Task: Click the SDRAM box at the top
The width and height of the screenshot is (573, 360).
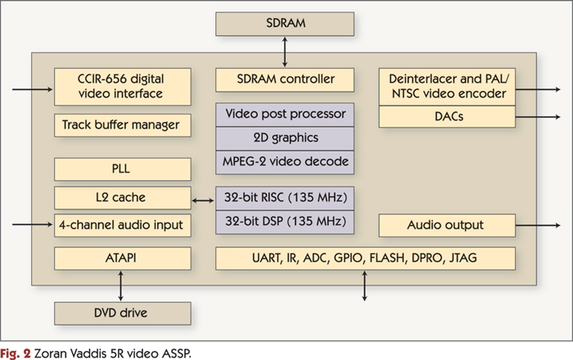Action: tap(286, 24)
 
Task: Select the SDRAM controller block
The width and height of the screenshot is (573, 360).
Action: tap(286, 80)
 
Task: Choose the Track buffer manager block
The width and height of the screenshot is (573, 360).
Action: tap(123, 126)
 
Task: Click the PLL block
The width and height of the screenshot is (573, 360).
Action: tap(123, 169)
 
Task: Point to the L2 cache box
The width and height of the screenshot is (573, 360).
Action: tap(123, 197)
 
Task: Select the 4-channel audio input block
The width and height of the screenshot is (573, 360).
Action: tap(123, 224)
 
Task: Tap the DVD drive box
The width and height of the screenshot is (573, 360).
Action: tap(123, 313)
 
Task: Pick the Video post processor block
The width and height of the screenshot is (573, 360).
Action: tap(286, 115)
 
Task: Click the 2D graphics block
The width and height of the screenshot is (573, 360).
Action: tap(286, 138)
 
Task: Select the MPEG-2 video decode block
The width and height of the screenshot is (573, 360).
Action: tap(286, 161)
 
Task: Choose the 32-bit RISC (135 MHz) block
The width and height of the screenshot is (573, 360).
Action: tap(286, 197)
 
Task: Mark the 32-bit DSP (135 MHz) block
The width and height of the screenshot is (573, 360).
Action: tap(286, 221)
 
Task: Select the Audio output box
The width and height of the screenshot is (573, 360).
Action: tap(447, 225)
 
